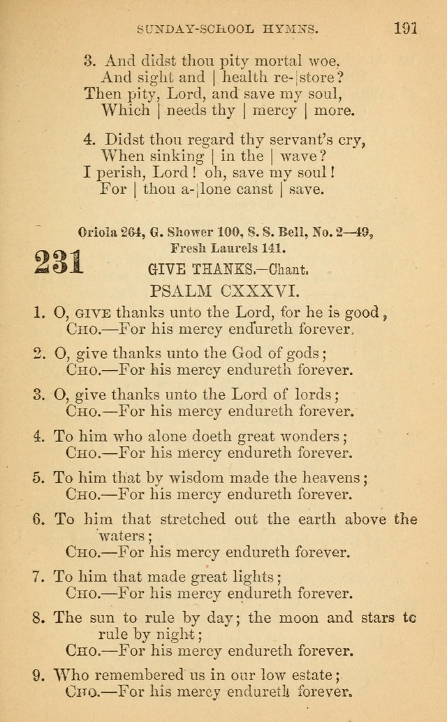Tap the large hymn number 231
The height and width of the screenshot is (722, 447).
point(59,263)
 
